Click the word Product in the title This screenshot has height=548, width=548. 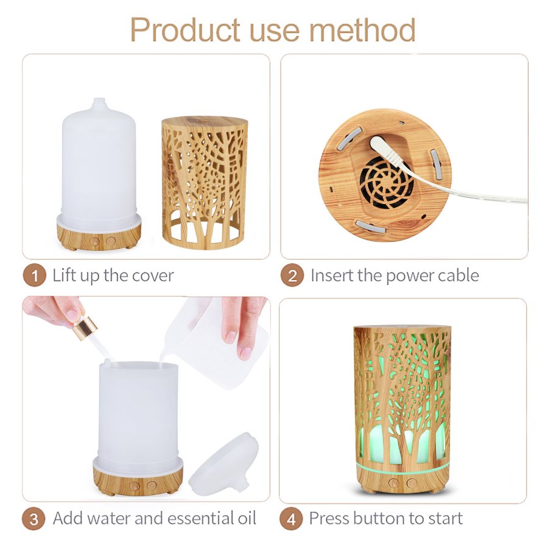pyautogui.click(x=186, y=30)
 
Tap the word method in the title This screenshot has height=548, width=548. pyautogui.click(x=362, y=30)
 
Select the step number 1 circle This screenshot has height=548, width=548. pyautogui.click(x=34, y=275)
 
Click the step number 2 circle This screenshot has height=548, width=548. pyautogui.click(x=292, y=275)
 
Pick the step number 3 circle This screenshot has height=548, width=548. pyautogui.click(x=33, y=518)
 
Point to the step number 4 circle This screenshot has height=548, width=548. pyautogui.click(x=291, y=519)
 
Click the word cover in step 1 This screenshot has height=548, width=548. pyautogui.click(x=152, y=276)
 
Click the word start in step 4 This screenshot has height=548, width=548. pyautogui.click(x=445, y=519)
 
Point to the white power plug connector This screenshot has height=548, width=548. pyautogui.click(x=386, y=150)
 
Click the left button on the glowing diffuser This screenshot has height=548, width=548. pyautogui.click(x=393, y=483)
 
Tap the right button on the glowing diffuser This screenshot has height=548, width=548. pyautogui.click(x=412, y=483)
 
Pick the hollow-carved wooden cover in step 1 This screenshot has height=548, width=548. pyautogui.click(x=205, y=183)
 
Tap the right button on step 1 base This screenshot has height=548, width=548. pyautogui.click(x=111, y=241)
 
